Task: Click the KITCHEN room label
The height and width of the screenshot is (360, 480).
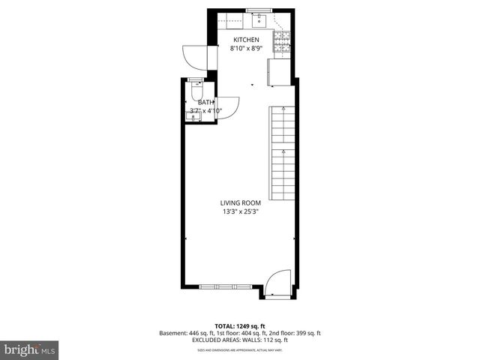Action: [x=246, y=40]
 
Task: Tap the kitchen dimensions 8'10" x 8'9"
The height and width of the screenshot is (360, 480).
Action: [x=246, y=49]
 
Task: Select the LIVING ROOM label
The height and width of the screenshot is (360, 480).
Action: [x=239, y=202]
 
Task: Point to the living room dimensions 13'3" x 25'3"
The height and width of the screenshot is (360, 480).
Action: [x=239, y=211]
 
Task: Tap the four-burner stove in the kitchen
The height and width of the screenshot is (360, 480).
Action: [x=282, y=40]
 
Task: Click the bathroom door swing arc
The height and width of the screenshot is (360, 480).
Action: [x=228, y=107]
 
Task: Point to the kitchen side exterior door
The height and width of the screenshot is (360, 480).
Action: [x=192, y=58]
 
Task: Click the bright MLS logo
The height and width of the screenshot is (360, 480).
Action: [x=30, y=349]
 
